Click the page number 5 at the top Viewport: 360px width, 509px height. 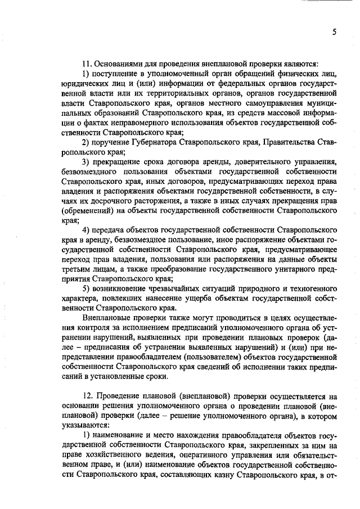(x=334, y=32)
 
